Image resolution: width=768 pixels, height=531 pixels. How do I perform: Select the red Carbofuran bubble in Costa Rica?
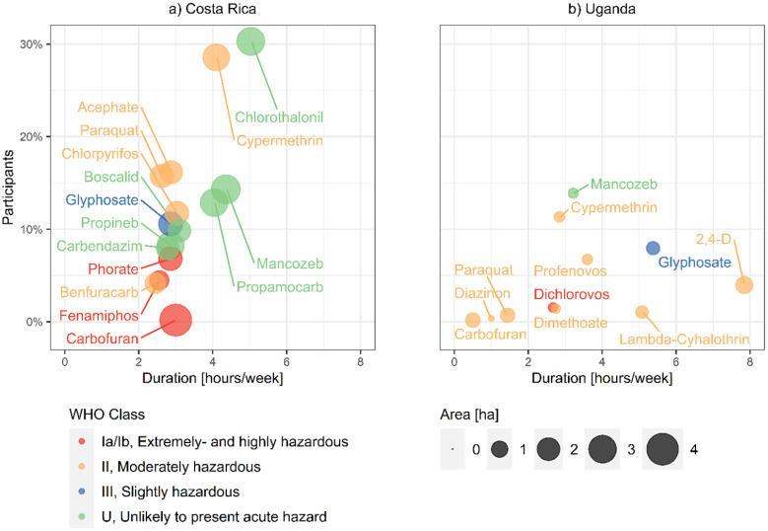175,320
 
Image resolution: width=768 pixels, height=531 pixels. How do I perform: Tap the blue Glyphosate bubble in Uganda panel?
653,248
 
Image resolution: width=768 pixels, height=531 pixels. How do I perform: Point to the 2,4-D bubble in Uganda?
744,285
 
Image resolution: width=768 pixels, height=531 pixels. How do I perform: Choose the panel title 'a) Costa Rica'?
212,9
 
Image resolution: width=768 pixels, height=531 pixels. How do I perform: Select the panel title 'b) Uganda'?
597,9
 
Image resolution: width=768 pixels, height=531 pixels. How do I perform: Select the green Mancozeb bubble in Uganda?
573,193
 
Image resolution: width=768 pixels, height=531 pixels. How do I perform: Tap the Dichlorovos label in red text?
572,294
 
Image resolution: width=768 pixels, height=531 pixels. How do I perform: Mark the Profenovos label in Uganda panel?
570,270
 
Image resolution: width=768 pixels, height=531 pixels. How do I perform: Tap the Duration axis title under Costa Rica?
212,377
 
